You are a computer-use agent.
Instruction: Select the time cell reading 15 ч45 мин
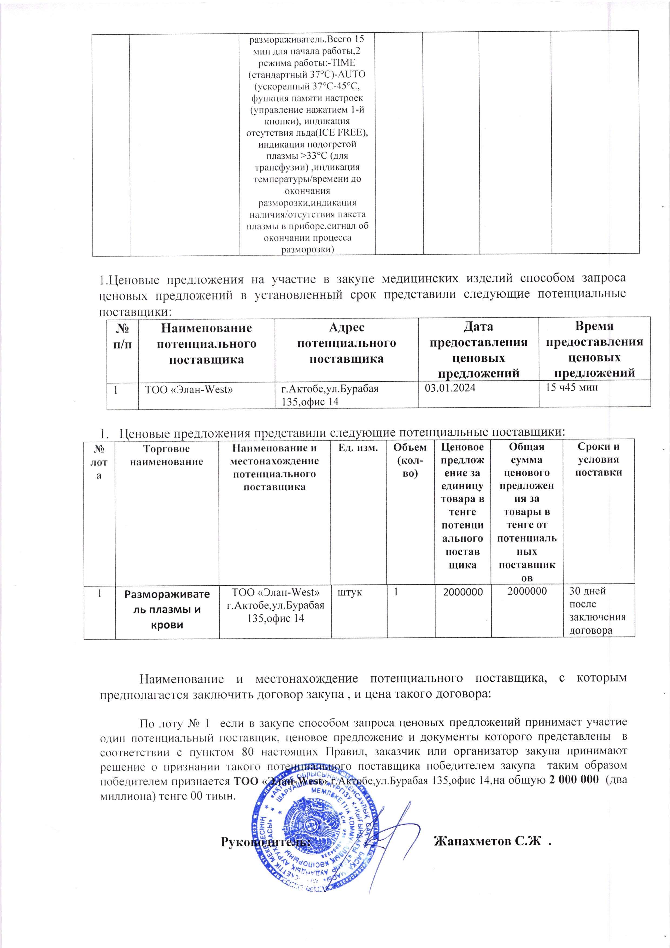(571, 387)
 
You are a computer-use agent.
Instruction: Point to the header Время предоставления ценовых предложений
(594, 349)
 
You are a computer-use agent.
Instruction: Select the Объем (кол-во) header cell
(410, 460)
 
